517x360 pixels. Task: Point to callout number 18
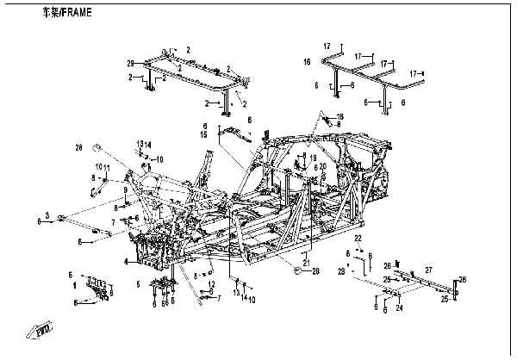point(340,116)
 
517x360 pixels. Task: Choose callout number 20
point(322,166)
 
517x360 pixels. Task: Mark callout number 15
point(203,135)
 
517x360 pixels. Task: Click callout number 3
point(48,214)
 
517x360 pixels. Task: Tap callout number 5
point(137,283)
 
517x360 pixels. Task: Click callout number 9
point(125,190)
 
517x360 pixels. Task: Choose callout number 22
point(359,237)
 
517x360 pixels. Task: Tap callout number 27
point(427,270)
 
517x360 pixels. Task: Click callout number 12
point(212,283)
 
